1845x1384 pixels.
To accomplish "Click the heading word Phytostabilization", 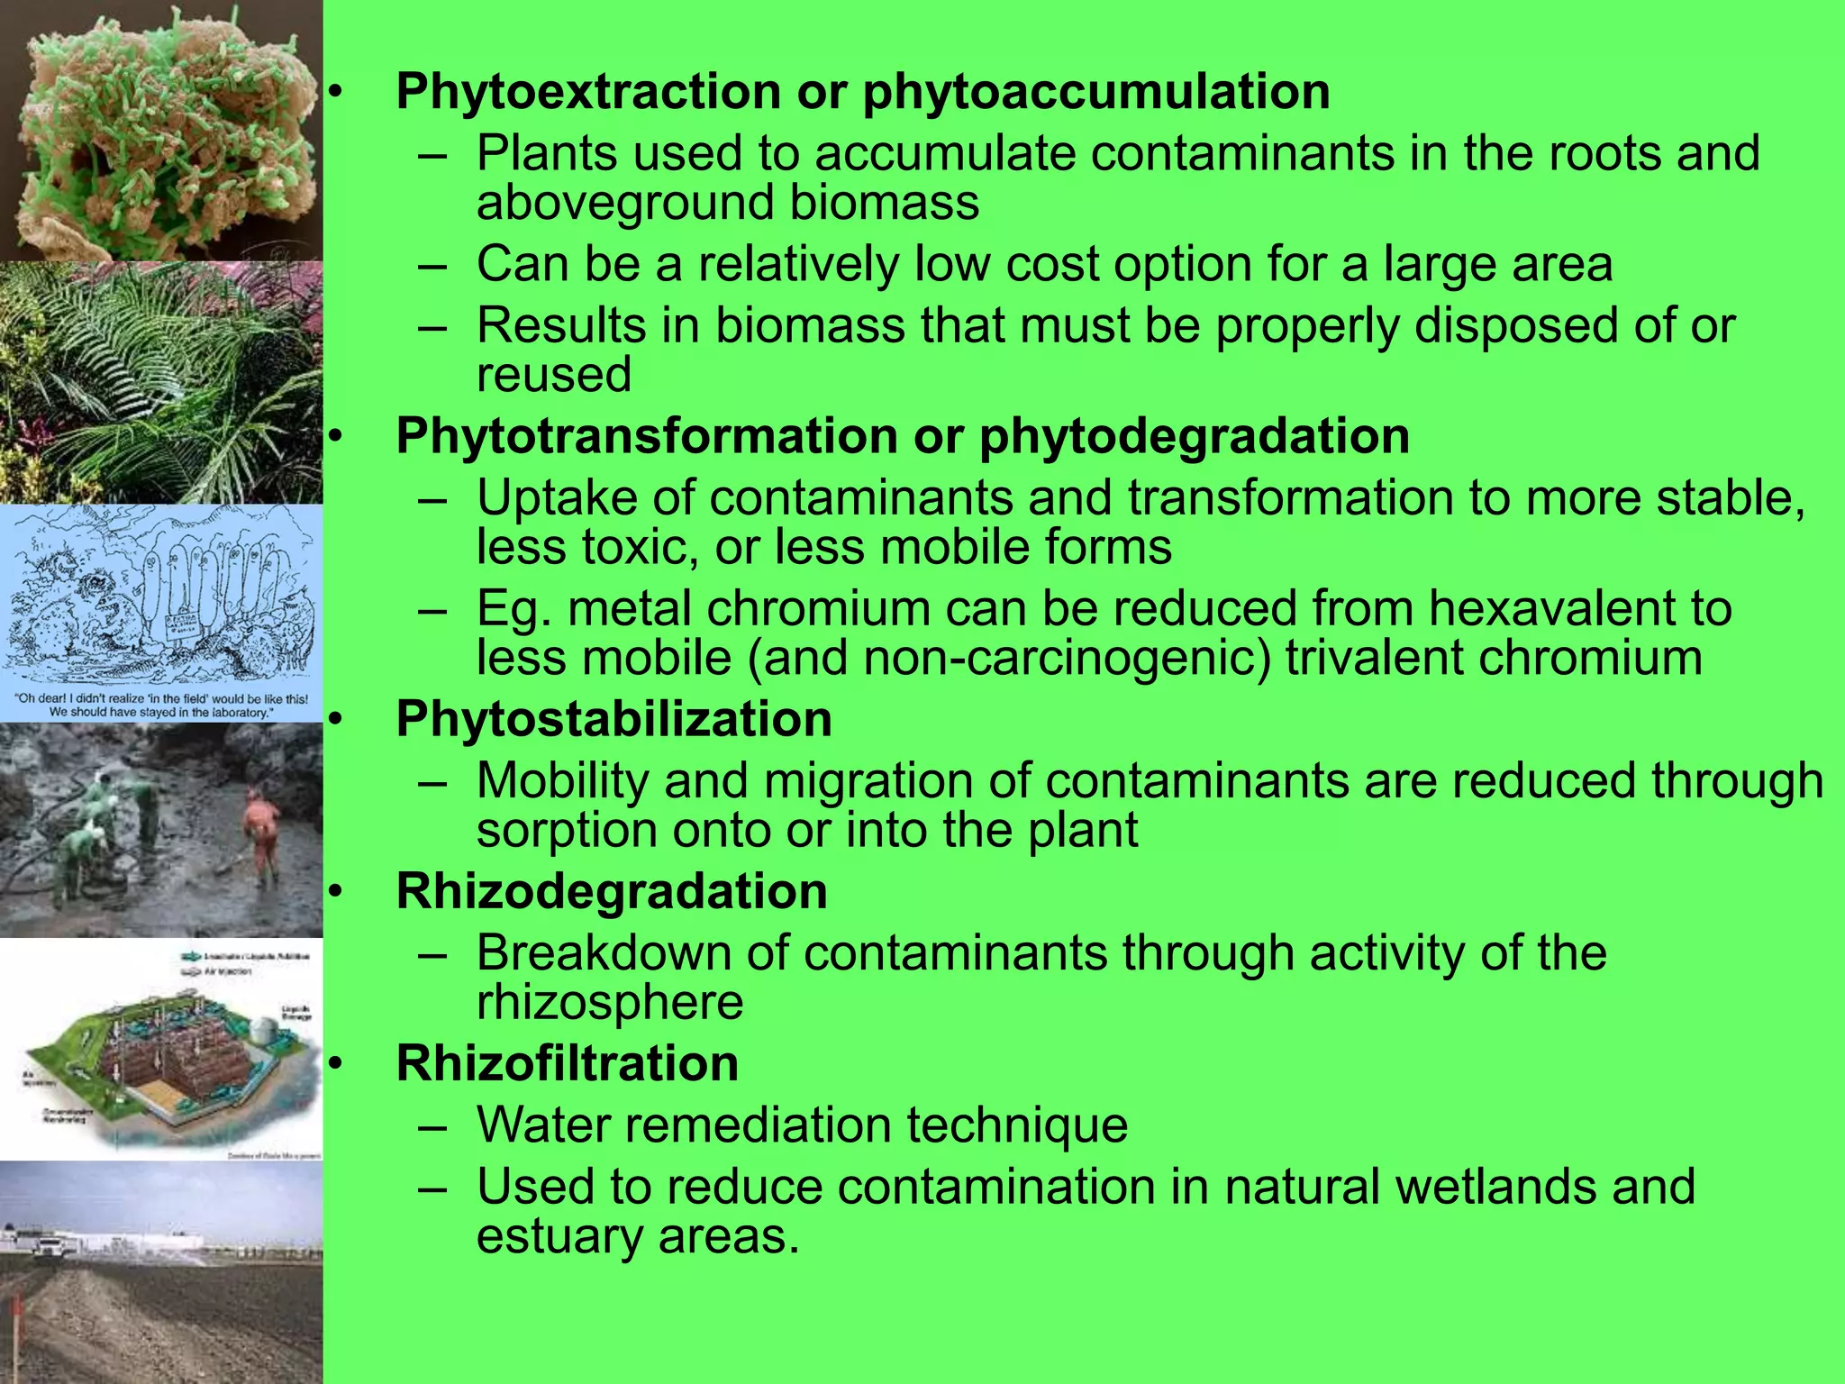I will (613, 720).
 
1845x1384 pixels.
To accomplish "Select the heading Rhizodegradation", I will (612, 892).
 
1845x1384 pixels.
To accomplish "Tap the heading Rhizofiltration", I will (567, 1064).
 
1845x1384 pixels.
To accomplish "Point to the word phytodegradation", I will (1194, 437).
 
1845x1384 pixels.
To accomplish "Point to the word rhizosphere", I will (609, 1003).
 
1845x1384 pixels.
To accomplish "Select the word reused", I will (553, 375).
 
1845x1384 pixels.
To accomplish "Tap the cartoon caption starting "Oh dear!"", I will (161, 706).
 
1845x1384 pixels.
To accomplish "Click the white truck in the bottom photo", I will (45, 1247).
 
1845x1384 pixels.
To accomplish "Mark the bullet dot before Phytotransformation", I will (335, 437).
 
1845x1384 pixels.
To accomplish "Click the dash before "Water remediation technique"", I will (432, 1126).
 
